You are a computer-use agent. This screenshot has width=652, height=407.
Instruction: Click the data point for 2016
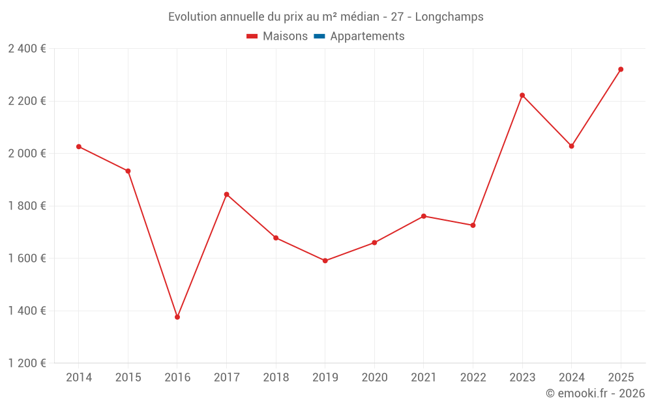pyautogui.click(x=177, y=317)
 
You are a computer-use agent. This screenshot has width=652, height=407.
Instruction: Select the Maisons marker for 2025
pyautogui.click(x=621, y=69)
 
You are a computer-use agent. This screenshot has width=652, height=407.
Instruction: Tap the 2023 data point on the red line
pyautogui.click(x=522, y=95)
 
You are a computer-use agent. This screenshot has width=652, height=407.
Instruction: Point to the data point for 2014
pyautogui.click(x=79, y=147)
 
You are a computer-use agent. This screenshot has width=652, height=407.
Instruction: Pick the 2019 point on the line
pyautogui.click(x=325, y=260)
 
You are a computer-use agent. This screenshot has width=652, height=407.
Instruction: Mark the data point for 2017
pyautogui.click(x=227, y=194)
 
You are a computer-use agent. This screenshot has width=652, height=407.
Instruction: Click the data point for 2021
pyautogui.click(x=424, y=216)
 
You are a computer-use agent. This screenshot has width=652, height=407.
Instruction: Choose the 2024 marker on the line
pyautogui.click(x=572, y=146)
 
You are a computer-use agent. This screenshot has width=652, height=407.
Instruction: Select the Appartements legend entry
pyautogui.click(x=367, y=36)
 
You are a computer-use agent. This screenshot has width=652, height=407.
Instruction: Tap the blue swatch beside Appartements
pyautogui.click(x=319, y=36)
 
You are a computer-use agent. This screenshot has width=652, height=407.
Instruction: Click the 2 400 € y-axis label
pyautogui.click(x=27, y=49)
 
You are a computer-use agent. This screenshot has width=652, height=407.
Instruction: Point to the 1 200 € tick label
pyautogui.click(x=27, y=363)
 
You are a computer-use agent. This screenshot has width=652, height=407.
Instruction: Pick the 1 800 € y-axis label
pyautogui.click(x=27, y=206)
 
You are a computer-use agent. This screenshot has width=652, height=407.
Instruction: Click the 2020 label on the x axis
pyautogui.click(x=374, y=378)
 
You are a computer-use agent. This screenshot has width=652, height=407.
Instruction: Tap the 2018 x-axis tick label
pyautogui.click(x=276, y=378)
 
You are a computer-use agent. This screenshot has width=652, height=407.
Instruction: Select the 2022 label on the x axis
pyautogui.click(x=473, y=378)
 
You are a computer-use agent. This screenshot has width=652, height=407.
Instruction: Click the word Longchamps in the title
pyautogui.click(x=451, y=17)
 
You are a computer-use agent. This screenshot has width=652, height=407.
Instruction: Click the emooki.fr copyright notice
pyautogui.click(x=595, y=393)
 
